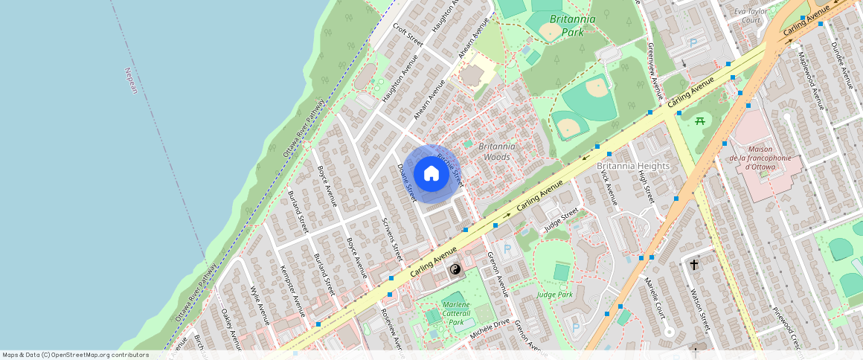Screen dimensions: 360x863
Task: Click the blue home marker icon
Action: [431, 174]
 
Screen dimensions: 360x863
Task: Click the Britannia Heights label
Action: [633, 166]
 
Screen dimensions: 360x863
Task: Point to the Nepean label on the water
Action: [132, 80]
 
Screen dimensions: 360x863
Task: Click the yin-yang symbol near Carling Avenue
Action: [456, 269]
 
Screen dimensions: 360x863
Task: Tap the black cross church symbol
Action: [694, 264]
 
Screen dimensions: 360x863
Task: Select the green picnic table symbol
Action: [699, 120]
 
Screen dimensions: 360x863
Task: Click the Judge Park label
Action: [555, 295]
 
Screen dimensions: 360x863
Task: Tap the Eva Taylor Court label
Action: [751, 16]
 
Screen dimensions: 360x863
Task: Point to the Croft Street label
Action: [408, 34]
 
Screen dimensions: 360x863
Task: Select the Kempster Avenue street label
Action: [292, 291]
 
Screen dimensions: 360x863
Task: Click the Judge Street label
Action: [560, 219]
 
